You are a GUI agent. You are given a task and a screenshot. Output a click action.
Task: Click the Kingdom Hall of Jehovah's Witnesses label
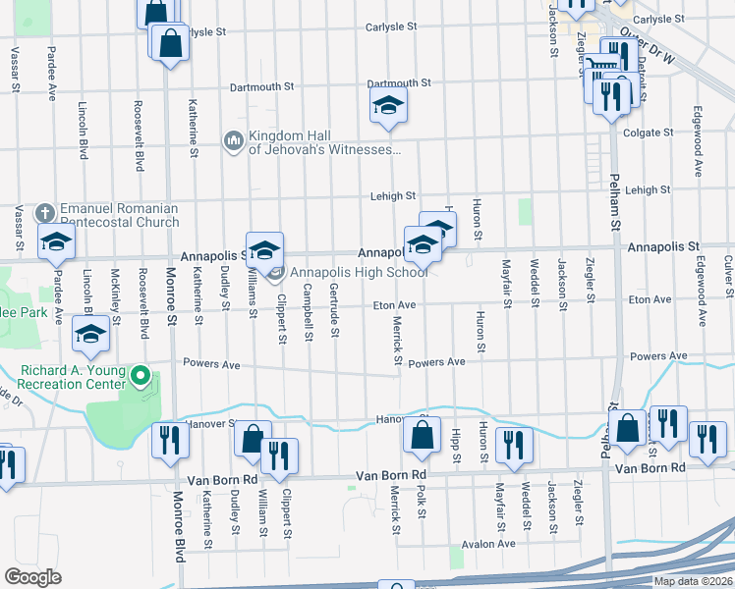click(x=324, y=143)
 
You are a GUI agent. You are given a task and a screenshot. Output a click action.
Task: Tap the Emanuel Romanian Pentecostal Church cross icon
click(x=44, y=213)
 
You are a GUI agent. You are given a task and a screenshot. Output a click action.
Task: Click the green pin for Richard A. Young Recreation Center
click(x=141, y=376)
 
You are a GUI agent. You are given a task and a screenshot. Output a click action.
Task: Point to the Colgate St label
click(x=647, y=132)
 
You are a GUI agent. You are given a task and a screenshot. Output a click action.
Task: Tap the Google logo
click(x=32, y=577)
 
